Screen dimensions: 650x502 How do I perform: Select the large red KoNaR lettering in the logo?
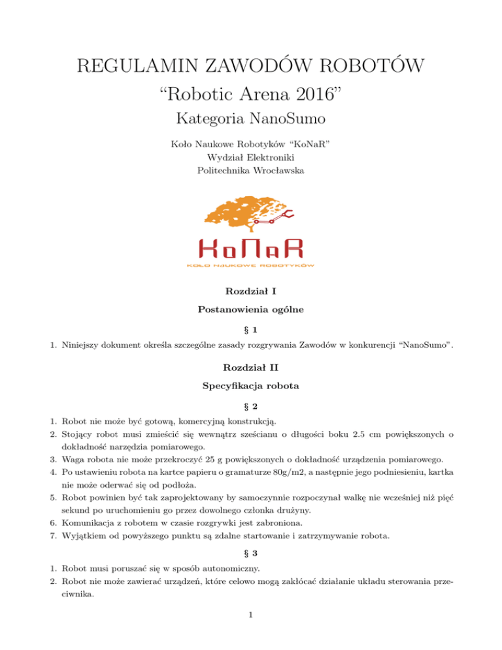[x=250, y=248]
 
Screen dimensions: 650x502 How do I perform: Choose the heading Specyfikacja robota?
[x=250, y=385]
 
